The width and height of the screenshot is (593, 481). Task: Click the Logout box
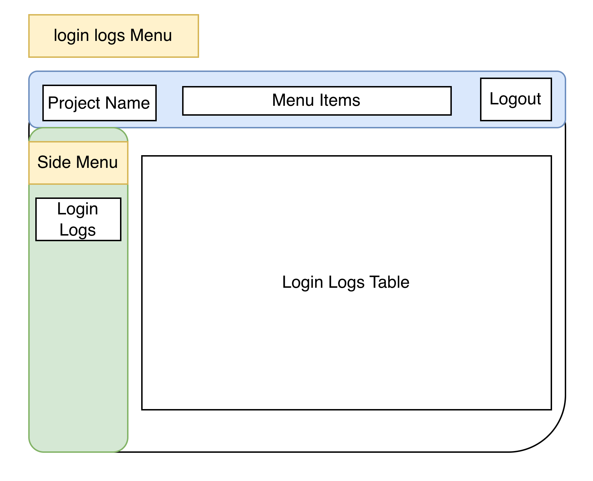pyautogui.click(x=516, y=99)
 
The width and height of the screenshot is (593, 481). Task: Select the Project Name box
pyautogui.click(x=99, y=103)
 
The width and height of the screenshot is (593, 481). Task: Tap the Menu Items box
pyautogui.click(x=317, y=101)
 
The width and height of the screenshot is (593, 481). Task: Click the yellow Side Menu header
pyautogui.click(x=78, y=163)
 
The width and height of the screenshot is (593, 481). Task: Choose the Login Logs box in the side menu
pyautogui.click(x=78, y=219)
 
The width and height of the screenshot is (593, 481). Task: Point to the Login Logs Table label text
pyautogui.click(x=346, y=282)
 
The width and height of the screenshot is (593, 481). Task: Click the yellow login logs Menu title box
pyautogui.click(x=113, y=36)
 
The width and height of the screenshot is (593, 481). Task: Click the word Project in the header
pyautogui.click(x=74, y=103)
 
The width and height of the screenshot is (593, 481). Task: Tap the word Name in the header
pyautogui.click(x=127, y=103)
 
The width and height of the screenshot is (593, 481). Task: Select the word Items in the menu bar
pyautogui.click(x=340, y=100)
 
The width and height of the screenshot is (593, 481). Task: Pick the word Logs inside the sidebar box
pyautogui.click(x=78, y=230)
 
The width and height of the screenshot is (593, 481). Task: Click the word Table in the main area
pyautogui.click(x=389, y=282)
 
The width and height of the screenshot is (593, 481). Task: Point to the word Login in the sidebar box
pyautogui.click(x=78, y=209)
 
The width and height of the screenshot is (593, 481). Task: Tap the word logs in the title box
pyautogui.click(x=109, y=36)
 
